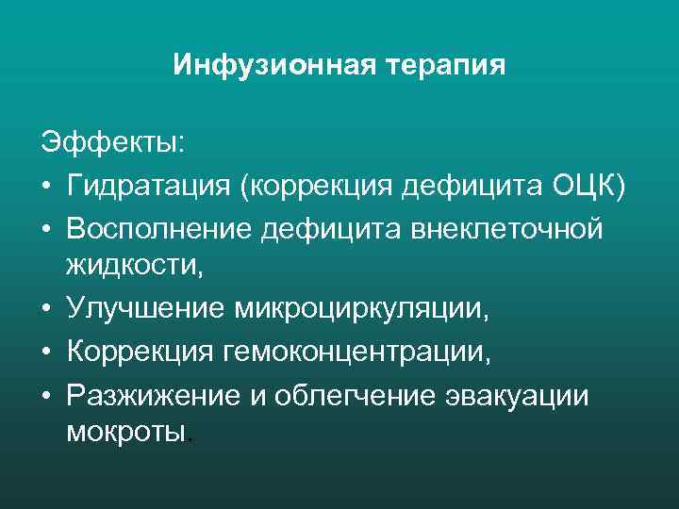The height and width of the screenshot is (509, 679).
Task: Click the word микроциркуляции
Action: tap(371, 307)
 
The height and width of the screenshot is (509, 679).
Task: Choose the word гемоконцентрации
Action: tap(356, 350)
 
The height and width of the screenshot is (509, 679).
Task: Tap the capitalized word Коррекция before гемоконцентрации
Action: tap(141, 350)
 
